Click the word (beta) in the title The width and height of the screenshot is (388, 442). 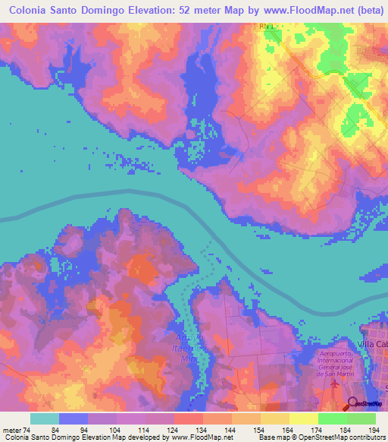point(364,11)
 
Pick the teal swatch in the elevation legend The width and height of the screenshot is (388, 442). point(44,418)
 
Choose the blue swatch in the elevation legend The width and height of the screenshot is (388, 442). point(73,418)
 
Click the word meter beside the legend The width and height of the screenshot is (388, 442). point(12,430)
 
